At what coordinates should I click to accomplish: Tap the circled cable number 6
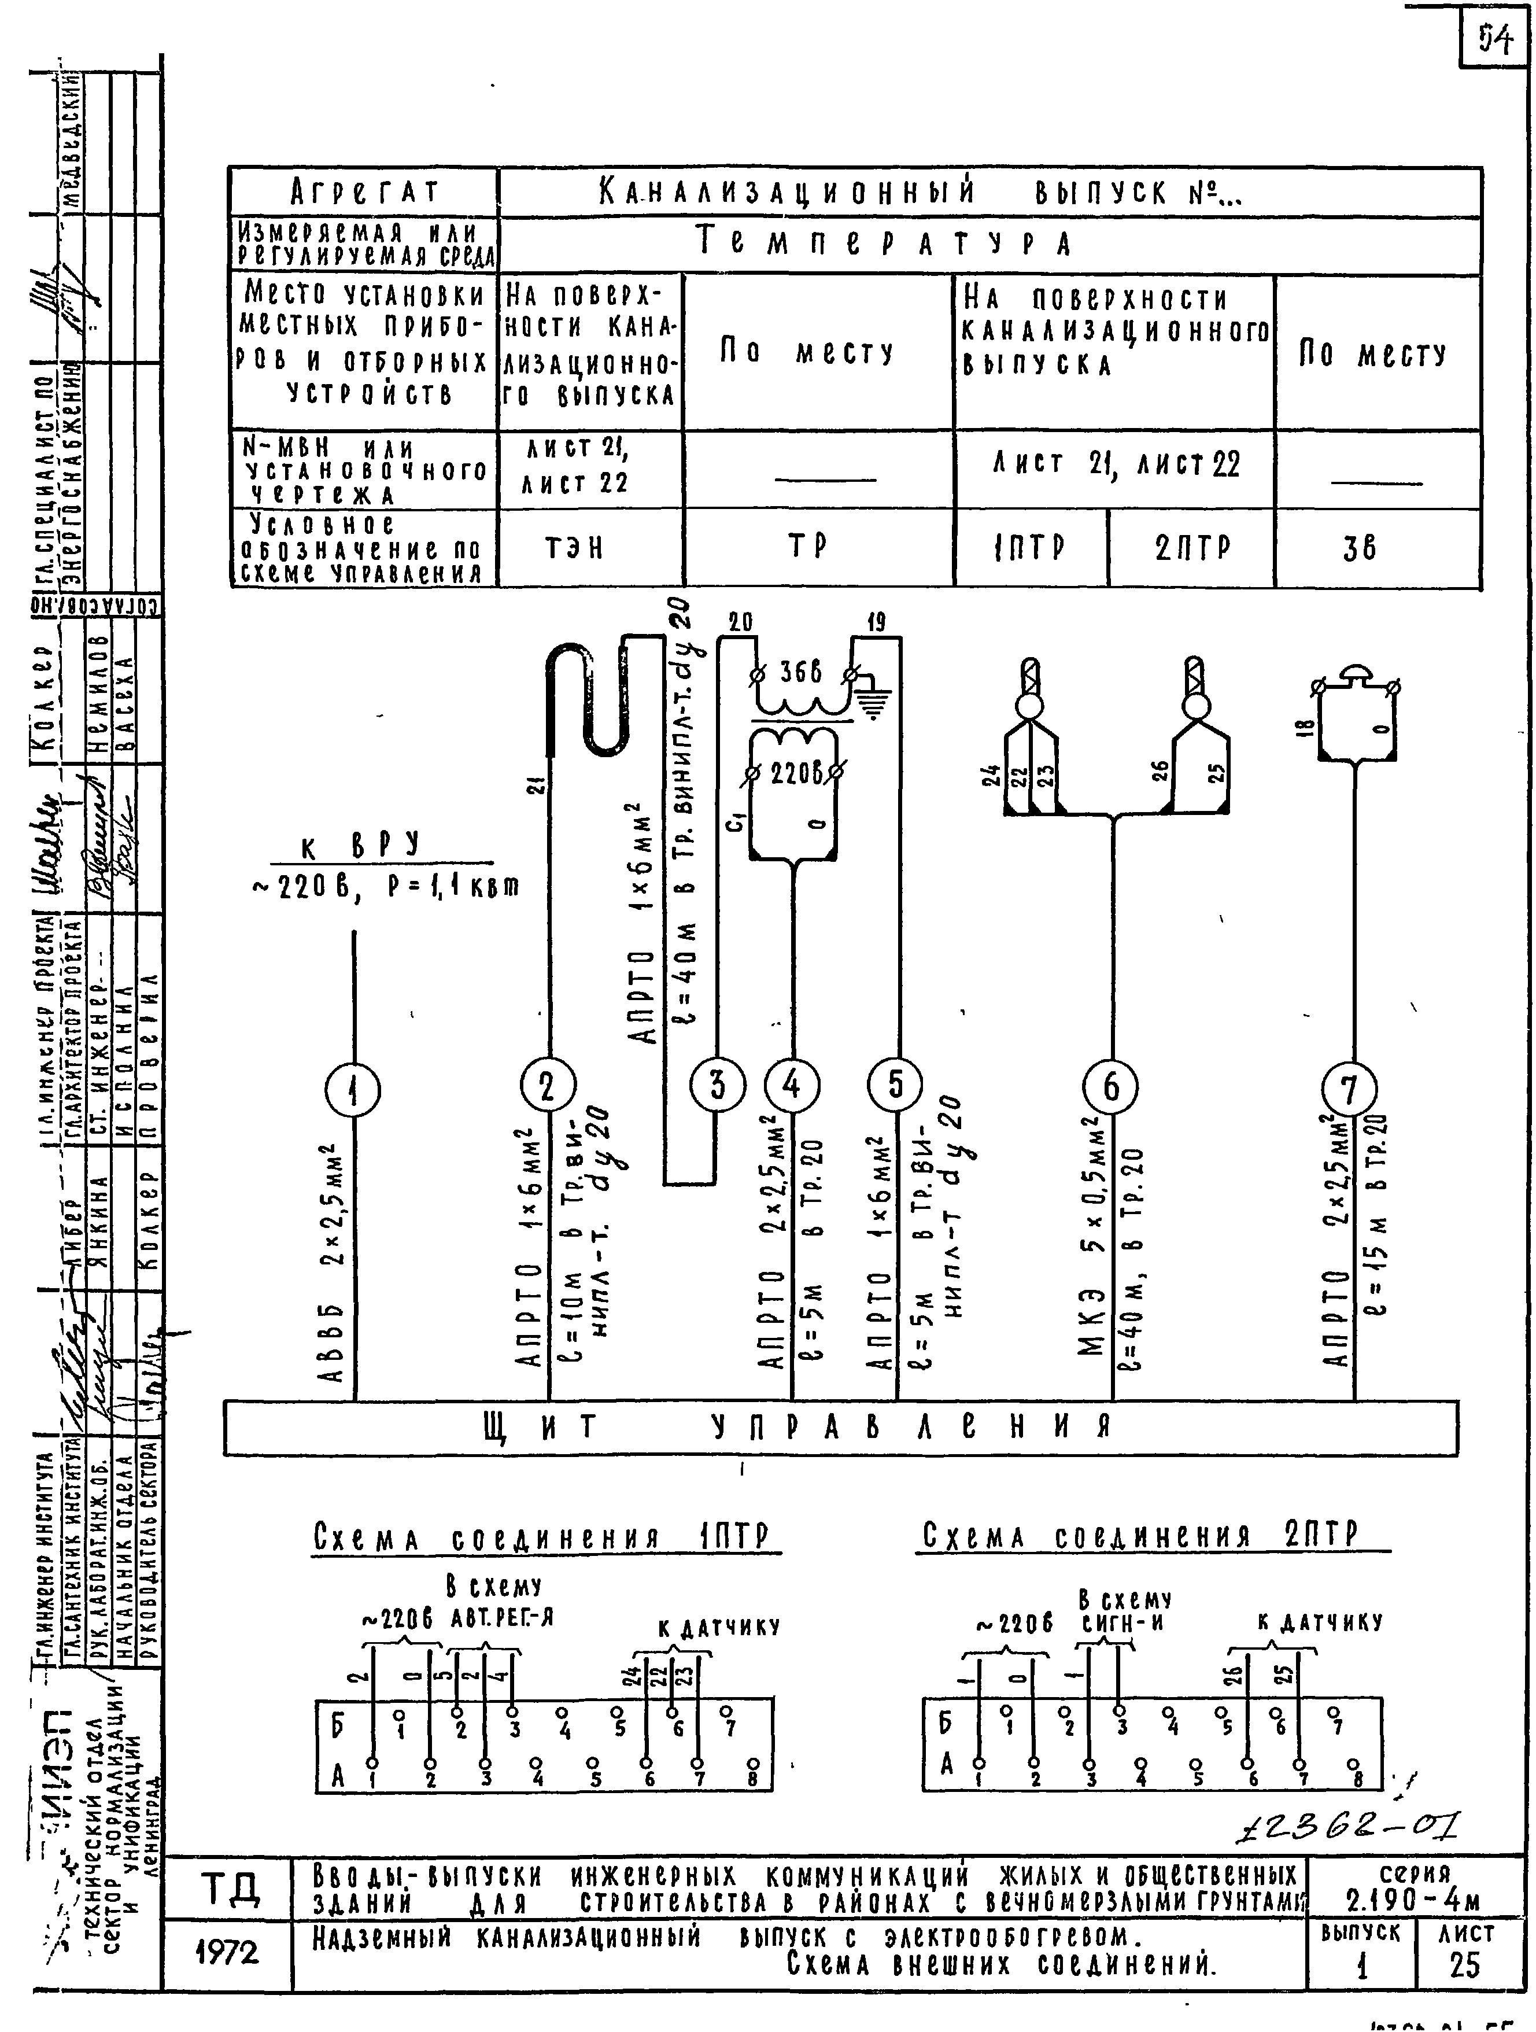(1112, 1087)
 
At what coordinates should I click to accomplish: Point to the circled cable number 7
(1349, 1090)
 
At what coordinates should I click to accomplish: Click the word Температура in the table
(885, 244)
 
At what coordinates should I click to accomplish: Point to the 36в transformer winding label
(801, 673)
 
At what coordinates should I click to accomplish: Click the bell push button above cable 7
(1355, 678)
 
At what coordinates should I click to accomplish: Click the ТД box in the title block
(229, 1890)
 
